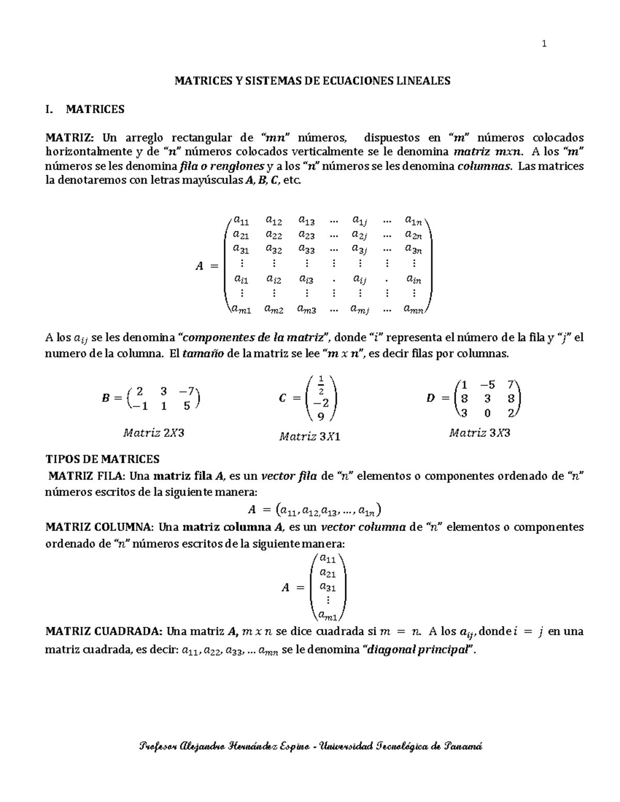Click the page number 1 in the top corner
click(544, 44)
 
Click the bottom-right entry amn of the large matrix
click(413, 310)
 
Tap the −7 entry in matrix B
click(187, 391)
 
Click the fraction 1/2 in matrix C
click(321, 385)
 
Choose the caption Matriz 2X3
click(153, 433)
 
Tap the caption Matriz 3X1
click(309, 437)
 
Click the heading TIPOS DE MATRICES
click(103, 459)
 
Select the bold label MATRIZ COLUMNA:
click(99, 527)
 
